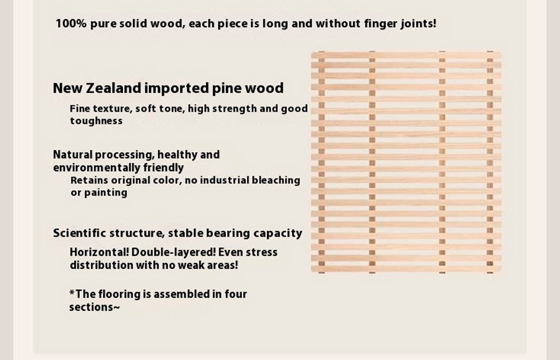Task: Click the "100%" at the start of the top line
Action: point(71,23)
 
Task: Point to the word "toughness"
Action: point(96,121)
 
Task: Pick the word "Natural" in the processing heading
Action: point(73,155)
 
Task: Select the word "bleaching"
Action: point(276,181)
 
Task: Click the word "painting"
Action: point(106,193)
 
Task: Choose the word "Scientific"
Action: point(79,233)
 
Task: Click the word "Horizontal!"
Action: point(99,253)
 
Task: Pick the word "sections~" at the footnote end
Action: point(95,307)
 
